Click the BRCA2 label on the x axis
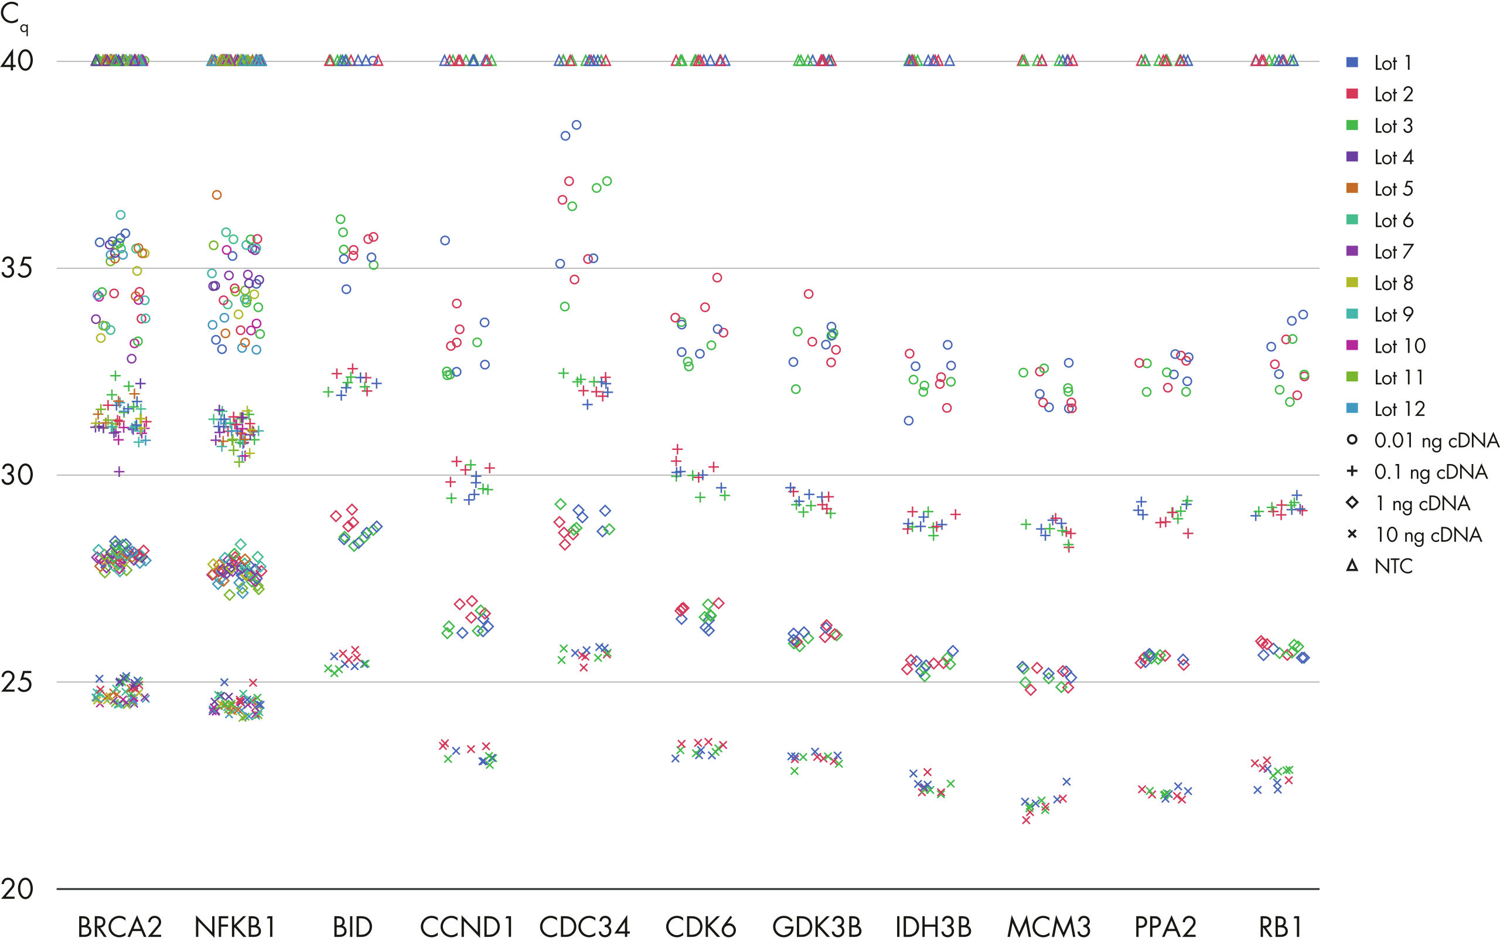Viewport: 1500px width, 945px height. pyautogui.click(x=120, y=927)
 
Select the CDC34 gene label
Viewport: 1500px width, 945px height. pyautogui.click(x=584, y=927)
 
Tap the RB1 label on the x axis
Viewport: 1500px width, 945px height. pyautogui.click(x=1280, y=927)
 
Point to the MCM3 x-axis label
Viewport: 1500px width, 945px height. pyautogui.click(x=1049, y=927)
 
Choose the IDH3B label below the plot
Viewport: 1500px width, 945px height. pyautogui.click(x=933, y=927)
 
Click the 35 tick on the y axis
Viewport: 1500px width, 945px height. pyautogui.click(x=17, y=268)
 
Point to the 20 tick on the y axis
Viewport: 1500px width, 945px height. pyautogui.click(x=17, y=889)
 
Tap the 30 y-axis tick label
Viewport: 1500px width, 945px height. pyautogui.click(x=17, y=475)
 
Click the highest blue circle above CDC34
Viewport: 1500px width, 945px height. pyautogui.click(x=577, y=125)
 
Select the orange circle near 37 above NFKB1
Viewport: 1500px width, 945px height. pyautogui.click(x=217, y=195)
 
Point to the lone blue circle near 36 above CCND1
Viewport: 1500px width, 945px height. pyautogui.click(x=445, y=240)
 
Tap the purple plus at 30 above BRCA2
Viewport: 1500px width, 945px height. pyautogui.click(x=119, y=472)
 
